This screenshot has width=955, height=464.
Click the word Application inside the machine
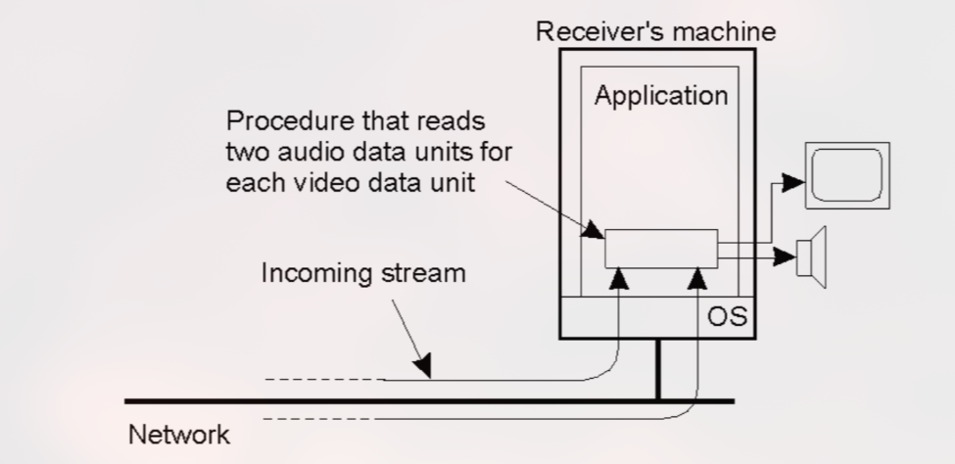coord(661,97)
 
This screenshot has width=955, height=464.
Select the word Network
coord(179,433)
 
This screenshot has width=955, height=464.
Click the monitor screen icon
coord(846,174)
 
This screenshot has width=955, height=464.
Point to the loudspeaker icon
coord(813,256)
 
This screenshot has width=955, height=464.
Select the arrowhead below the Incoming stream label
coord(422,369)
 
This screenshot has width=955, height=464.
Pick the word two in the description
coord(250,155)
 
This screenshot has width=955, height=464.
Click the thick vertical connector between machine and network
coord(657,369)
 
